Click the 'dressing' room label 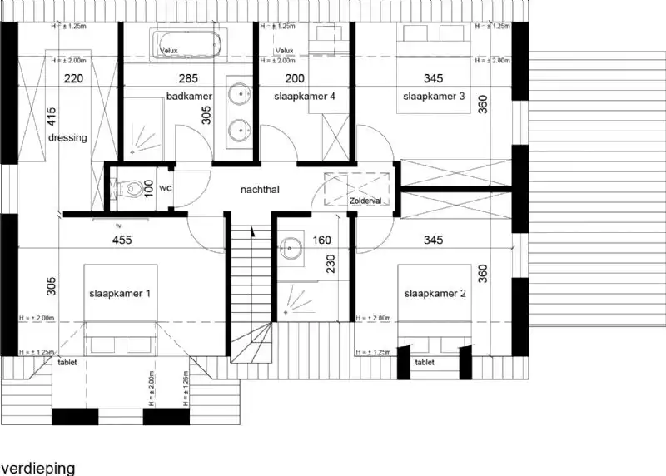(x=67, y=138)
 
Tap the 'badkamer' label (x=189, y=97)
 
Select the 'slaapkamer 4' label (x=304, y=97)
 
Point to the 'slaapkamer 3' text (x=434, y=97)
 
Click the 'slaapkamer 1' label (x=120, y=294)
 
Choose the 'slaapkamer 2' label (x=435, y=294)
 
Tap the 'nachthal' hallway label (x=260, y=190)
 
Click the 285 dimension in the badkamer (x=188, y=79)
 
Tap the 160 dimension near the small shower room (x=321, y=241)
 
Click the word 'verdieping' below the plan (x=38, y=469)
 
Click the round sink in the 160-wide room (x=291, y=246)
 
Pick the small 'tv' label (x=120, y=226)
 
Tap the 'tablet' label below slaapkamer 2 (x=425, y=363)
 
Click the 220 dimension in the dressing (x=75, y=79)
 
